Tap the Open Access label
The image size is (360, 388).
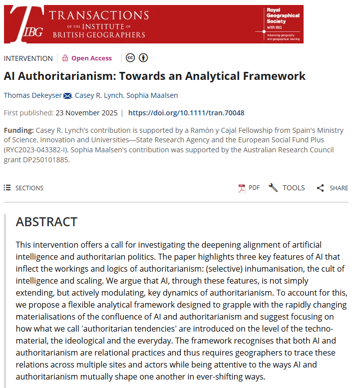pos(91,58)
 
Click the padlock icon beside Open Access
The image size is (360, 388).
pos(65,58)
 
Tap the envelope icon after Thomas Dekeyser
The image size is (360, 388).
pos(67,96)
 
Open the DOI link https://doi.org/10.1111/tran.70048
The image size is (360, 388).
pos(186,113)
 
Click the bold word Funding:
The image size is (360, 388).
pos(18,130)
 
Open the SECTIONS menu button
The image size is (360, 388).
pos(23,188)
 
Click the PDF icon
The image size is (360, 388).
pos(242,188)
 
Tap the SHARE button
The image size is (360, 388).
pos(333,188)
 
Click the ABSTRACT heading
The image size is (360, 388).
pos(46,222)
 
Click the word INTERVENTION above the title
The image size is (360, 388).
pos(28,58)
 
